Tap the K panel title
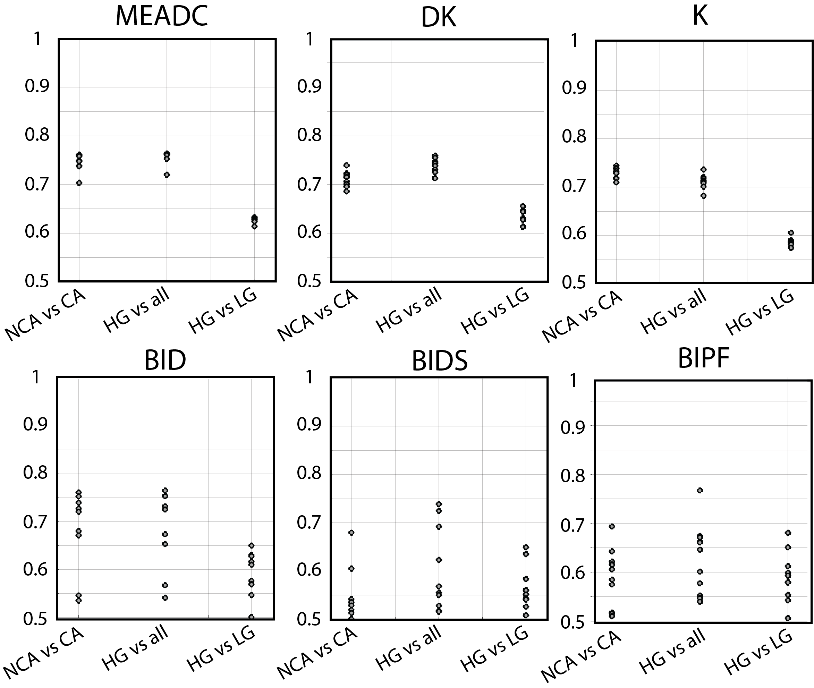pyautogui.click(x=700, y=16)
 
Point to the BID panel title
pyautogui.click(x=164, y=360)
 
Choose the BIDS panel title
pyautogui.click(x=440, y=362)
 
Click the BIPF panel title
pyautogui.click(x=704, y=358)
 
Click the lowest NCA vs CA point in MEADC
pyautogui.click(x=79, y=183)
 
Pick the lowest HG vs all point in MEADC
pyautogui.click(x=167, y=175)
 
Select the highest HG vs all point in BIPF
pyautogui.click(x=700, y=490)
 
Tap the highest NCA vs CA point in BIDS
pyautogui.click(x=351, y=532)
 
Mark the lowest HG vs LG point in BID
pyautogui.click(x=252, y=617)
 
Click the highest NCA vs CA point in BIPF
pyautogui.click(x=612, y=526)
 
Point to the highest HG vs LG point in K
pyautogui.click(x=791, y=232)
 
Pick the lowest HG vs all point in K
pyautogui.click(x=703, y=196)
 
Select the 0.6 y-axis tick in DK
pyautogui.click(x=309, y=232)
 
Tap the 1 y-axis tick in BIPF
pyautogui.click(x=573, y=381)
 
